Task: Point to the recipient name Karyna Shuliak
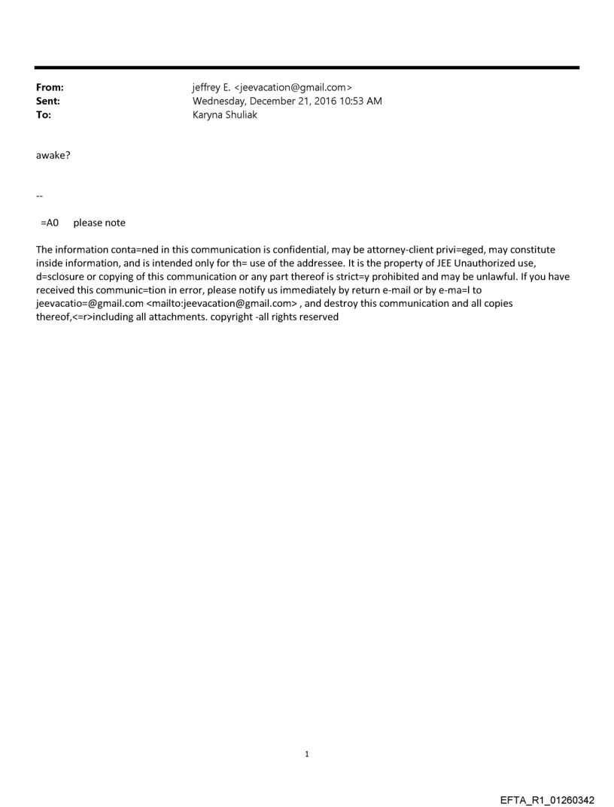click(225, 115)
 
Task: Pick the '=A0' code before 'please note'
click(50, 223)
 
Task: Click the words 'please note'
click(99, 223)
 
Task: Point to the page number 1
click(307, 754)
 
